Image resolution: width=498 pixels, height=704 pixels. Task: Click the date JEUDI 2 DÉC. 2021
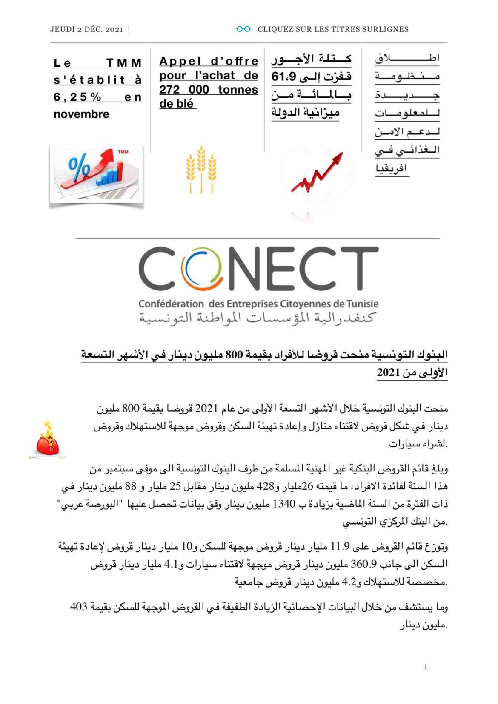click(x=86, y=29)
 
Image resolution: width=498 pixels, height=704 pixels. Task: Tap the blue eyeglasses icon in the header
click(x=243, y=29)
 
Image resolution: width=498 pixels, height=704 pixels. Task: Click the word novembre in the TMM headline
click(x=81, y=114)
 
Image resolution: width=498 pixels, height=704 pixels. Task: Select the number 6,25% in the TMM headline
click(x=77, y=97)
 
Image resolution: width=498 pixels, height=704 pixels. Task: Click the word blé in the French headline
click(x=184, y=104)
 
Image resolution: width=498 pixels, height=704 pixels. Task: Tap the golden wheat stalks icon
click(x=201, y=169)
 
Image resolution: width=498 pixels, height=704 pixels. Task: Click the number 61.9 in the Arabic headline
click(x=281, y=77)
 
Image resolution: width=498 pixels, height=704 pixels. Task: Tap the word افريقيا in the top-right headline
click(x=391, y=168)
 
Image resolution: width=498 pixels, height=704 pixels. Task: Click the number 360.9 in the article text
click(x=363, y=564)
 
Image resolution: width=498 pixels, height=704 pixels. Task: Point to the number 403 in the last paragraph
click(x=79, y=607)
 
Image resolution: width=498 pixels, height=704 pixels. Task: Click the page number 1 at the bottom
click(x=425, y=667)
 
